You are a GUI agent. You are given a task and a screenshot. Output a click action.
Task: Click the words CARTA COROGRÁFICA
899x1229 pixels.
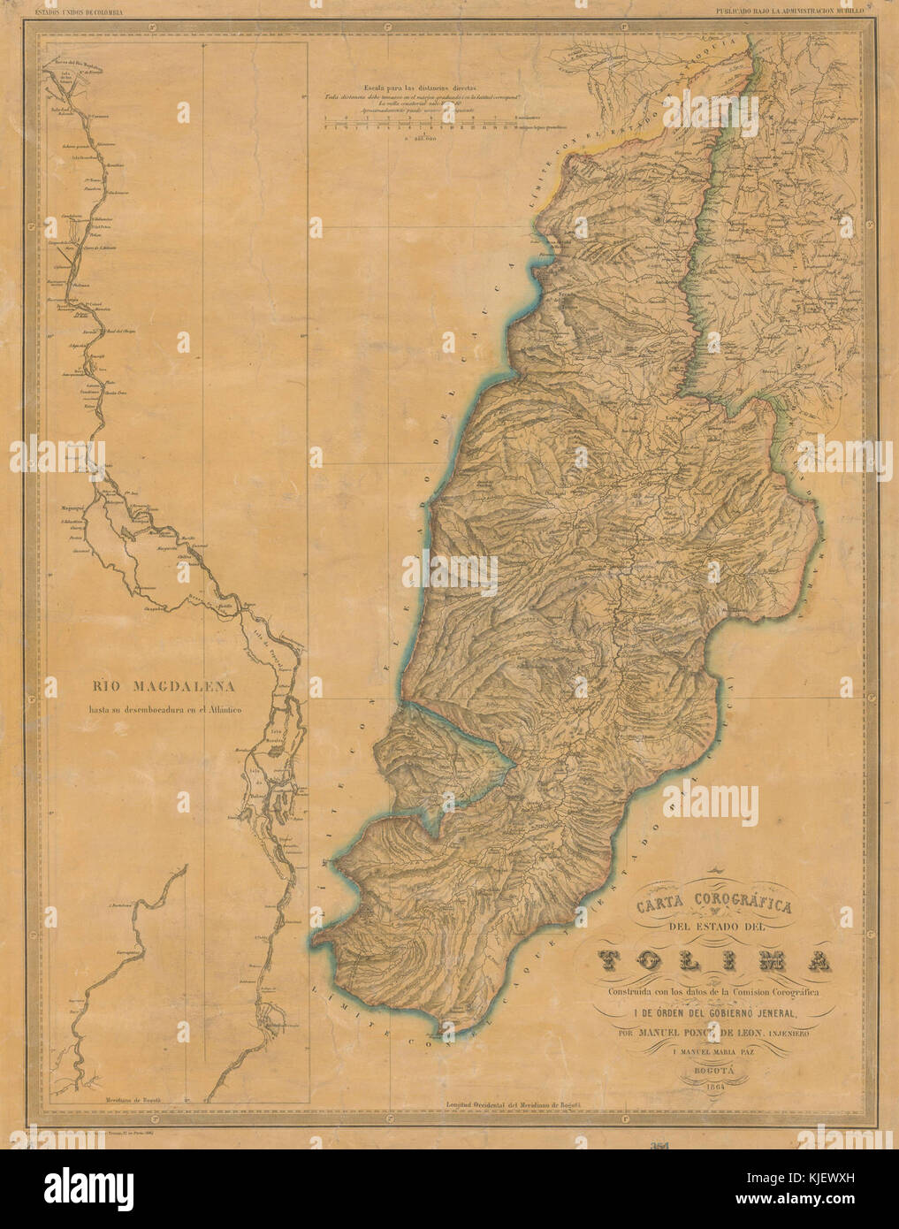coord(714,905)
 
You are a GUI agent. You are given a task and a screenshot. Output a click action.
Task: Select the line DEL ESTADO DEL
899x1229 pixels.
coord(714,927)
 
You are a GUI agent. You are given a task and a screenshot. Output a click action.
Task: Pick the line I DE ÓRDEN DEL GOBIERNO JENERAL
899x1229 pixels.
coord(714,1012)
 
